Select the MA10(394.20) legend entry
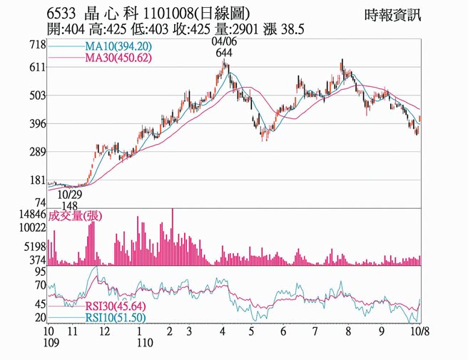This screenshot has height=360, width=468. [116, 46]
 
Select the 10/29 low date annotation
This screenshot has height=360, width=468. [70, 194]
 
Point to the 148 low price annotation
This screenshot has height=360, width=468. [69, 205]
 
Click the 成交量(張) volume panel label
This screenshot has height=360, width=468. [71, 216]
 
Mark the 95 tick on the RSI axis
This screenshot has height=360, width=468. [40, 272]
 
